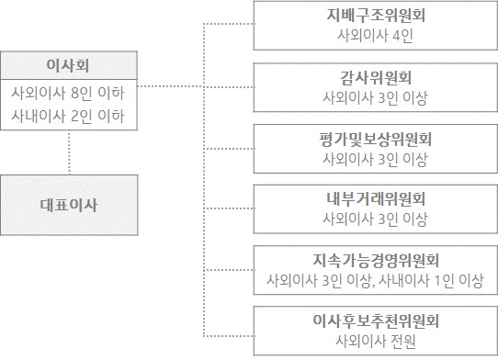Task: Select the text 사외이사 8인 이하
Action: [68, 93]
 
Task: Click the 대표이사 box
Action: [69, 204]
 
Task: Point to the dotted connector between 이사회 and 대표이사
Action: [69, 152]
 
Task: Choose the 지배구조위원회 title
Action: [375, 16]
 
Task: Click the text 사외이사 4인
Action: [375, 36]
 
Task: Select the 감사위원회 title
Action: [375, 76]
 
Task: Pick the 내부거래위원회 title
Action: [375, 198]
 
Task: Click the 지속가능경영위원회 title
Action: [375, 259]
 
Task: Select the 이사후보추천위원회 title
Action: [375, 321]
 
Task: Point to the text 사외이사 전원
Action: [375, 342]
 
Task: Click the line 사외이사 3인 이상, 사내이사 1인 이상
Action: [375, 280]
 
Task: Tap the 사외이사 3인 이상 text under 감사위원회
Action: [375, 96]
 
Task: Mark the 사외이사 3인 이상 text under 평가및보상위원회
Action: [375, 158]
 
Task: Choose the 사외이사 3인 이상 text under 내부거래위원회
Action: [375, 219]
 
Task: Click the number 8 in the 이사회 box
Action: [85, 93]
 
